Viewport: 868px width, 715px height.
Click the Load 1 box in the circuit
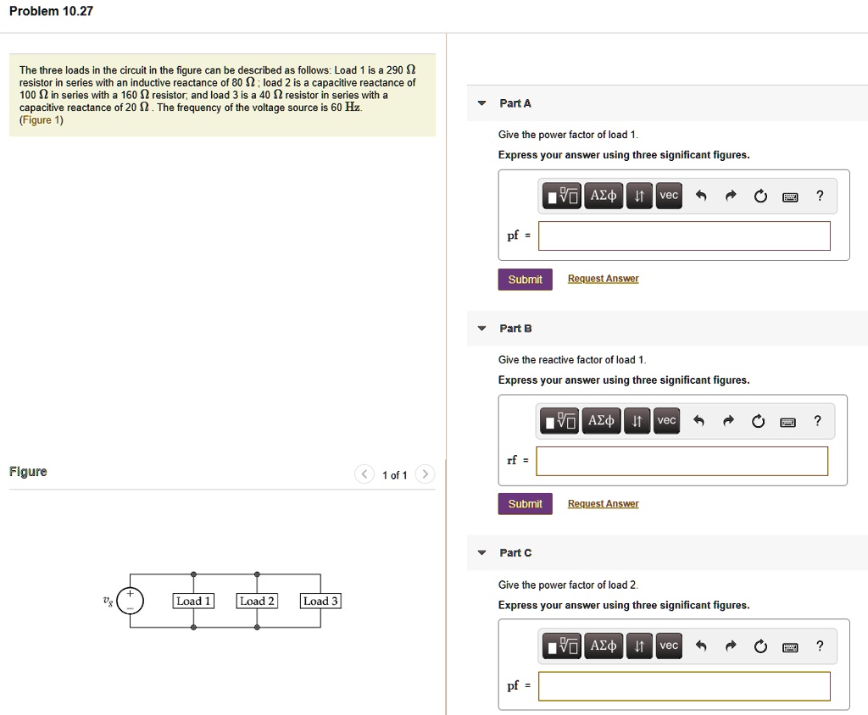pos(193,601)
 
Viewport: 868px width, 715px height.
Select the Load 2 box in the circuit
pos(257,601)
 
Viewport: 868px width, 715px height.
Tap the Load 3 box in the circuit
pos(320,601)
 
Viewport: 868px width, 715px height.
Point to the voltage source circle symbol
pos(131,601)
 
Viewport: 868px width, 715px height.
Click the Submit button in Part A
pos(525,280)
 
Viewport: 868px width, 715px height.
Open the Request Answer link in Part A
pos(603,279)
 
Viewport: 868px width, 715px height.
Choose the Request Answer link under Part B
pos(603,504)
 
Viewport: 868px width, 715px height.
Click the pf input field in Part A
pos(684,236)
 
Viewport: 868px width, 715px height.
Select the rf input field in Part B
pos(682,461)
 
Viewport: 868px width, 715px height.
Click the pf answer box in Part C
pos(684,686)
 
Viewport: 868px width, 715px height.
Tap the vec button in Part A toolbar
pos(669,196)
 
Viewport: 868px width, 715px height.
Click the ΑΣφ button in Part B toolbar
pos(602,421)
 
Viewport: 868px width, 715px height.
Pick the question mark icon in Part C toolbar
pos(819,646)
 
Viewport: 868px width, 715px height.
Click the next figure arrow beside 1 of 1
pos(426,474)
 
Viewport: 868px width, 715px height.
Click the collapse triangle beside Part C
pos(481,553)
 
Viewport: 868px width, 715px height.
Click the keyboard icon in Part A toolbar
pos(790,197)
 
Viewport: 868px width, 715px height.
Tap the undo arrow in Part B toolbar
pos(700,421)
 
